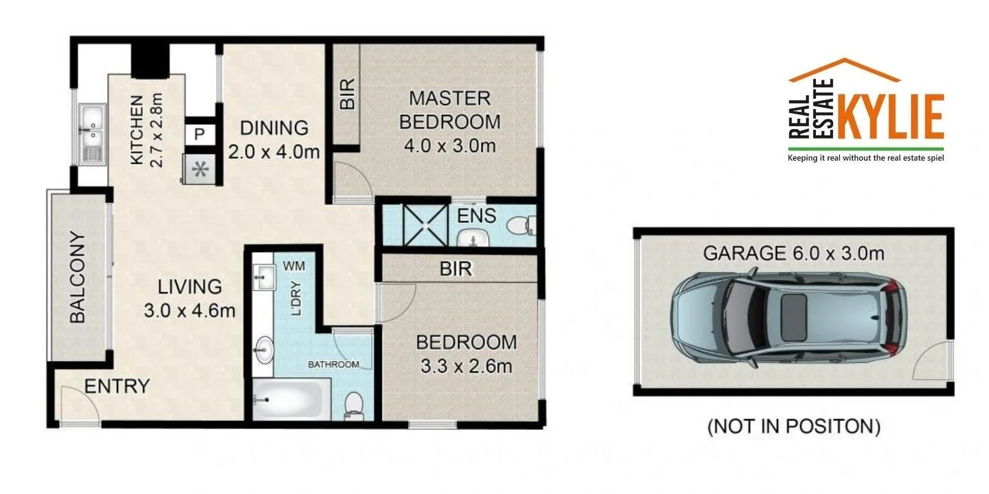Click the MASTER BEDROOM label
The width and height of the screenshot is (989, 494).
[x=450, y=109]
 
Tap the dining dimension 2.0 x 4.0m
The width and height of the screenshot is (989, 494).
[x=273, y=151]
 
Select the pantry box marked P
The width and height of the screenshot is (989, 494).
[x=200, y=134]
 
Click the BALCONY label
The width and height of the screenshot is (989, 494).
[x=77, y=277]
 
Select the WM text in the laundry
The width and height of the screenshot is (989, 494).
[x=294, y=266]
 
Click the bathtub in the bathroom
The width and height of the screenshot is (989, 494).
[x=288, y=399]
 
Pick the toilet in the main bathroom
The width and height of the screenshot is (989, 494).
[x=354, y=402]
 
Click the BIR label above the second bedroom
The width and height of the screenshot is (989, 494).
[x=456, y=269]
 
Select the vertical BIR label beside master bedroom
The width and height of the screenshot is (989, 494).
[x=348, y=94]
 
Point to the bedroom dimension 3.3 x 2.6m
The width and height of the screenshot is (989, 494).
[x=466, y=366]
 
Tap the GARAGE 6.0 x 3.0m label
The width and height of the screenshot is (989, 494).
[x=794, y=253]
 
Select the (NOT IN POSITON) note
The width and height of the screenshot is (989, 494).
[x=794, y=426]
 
